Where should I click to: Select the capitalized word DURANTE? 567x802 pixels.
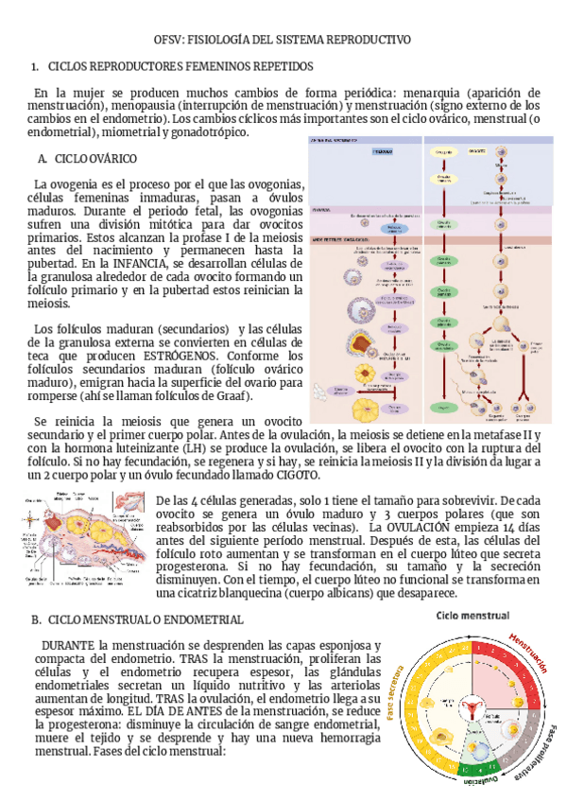pos(68,642)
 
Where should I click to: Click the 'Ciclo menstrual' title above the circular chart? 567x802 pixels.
pos(474,617)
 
